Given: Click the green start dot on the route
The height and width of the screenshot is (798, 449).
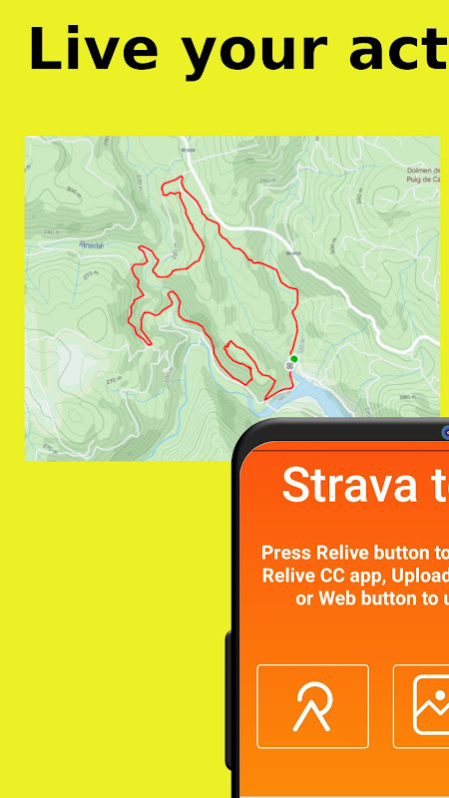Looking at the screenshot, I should (294, 358).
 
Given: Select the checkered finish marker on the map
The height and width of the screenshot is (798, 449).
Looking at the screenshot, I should (289, 366).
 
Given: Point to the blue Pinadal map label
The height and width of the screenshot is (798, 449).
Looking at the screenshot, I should (89, 243).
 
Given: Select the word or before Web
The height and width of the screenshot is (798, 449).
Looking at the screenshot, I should (305, 598).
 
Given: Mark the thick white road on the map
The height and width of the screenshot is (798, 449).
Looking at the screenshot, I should (249, 231).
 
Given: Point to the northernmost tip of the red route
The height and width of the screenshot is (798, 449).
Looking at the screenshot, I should (180, 178).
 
